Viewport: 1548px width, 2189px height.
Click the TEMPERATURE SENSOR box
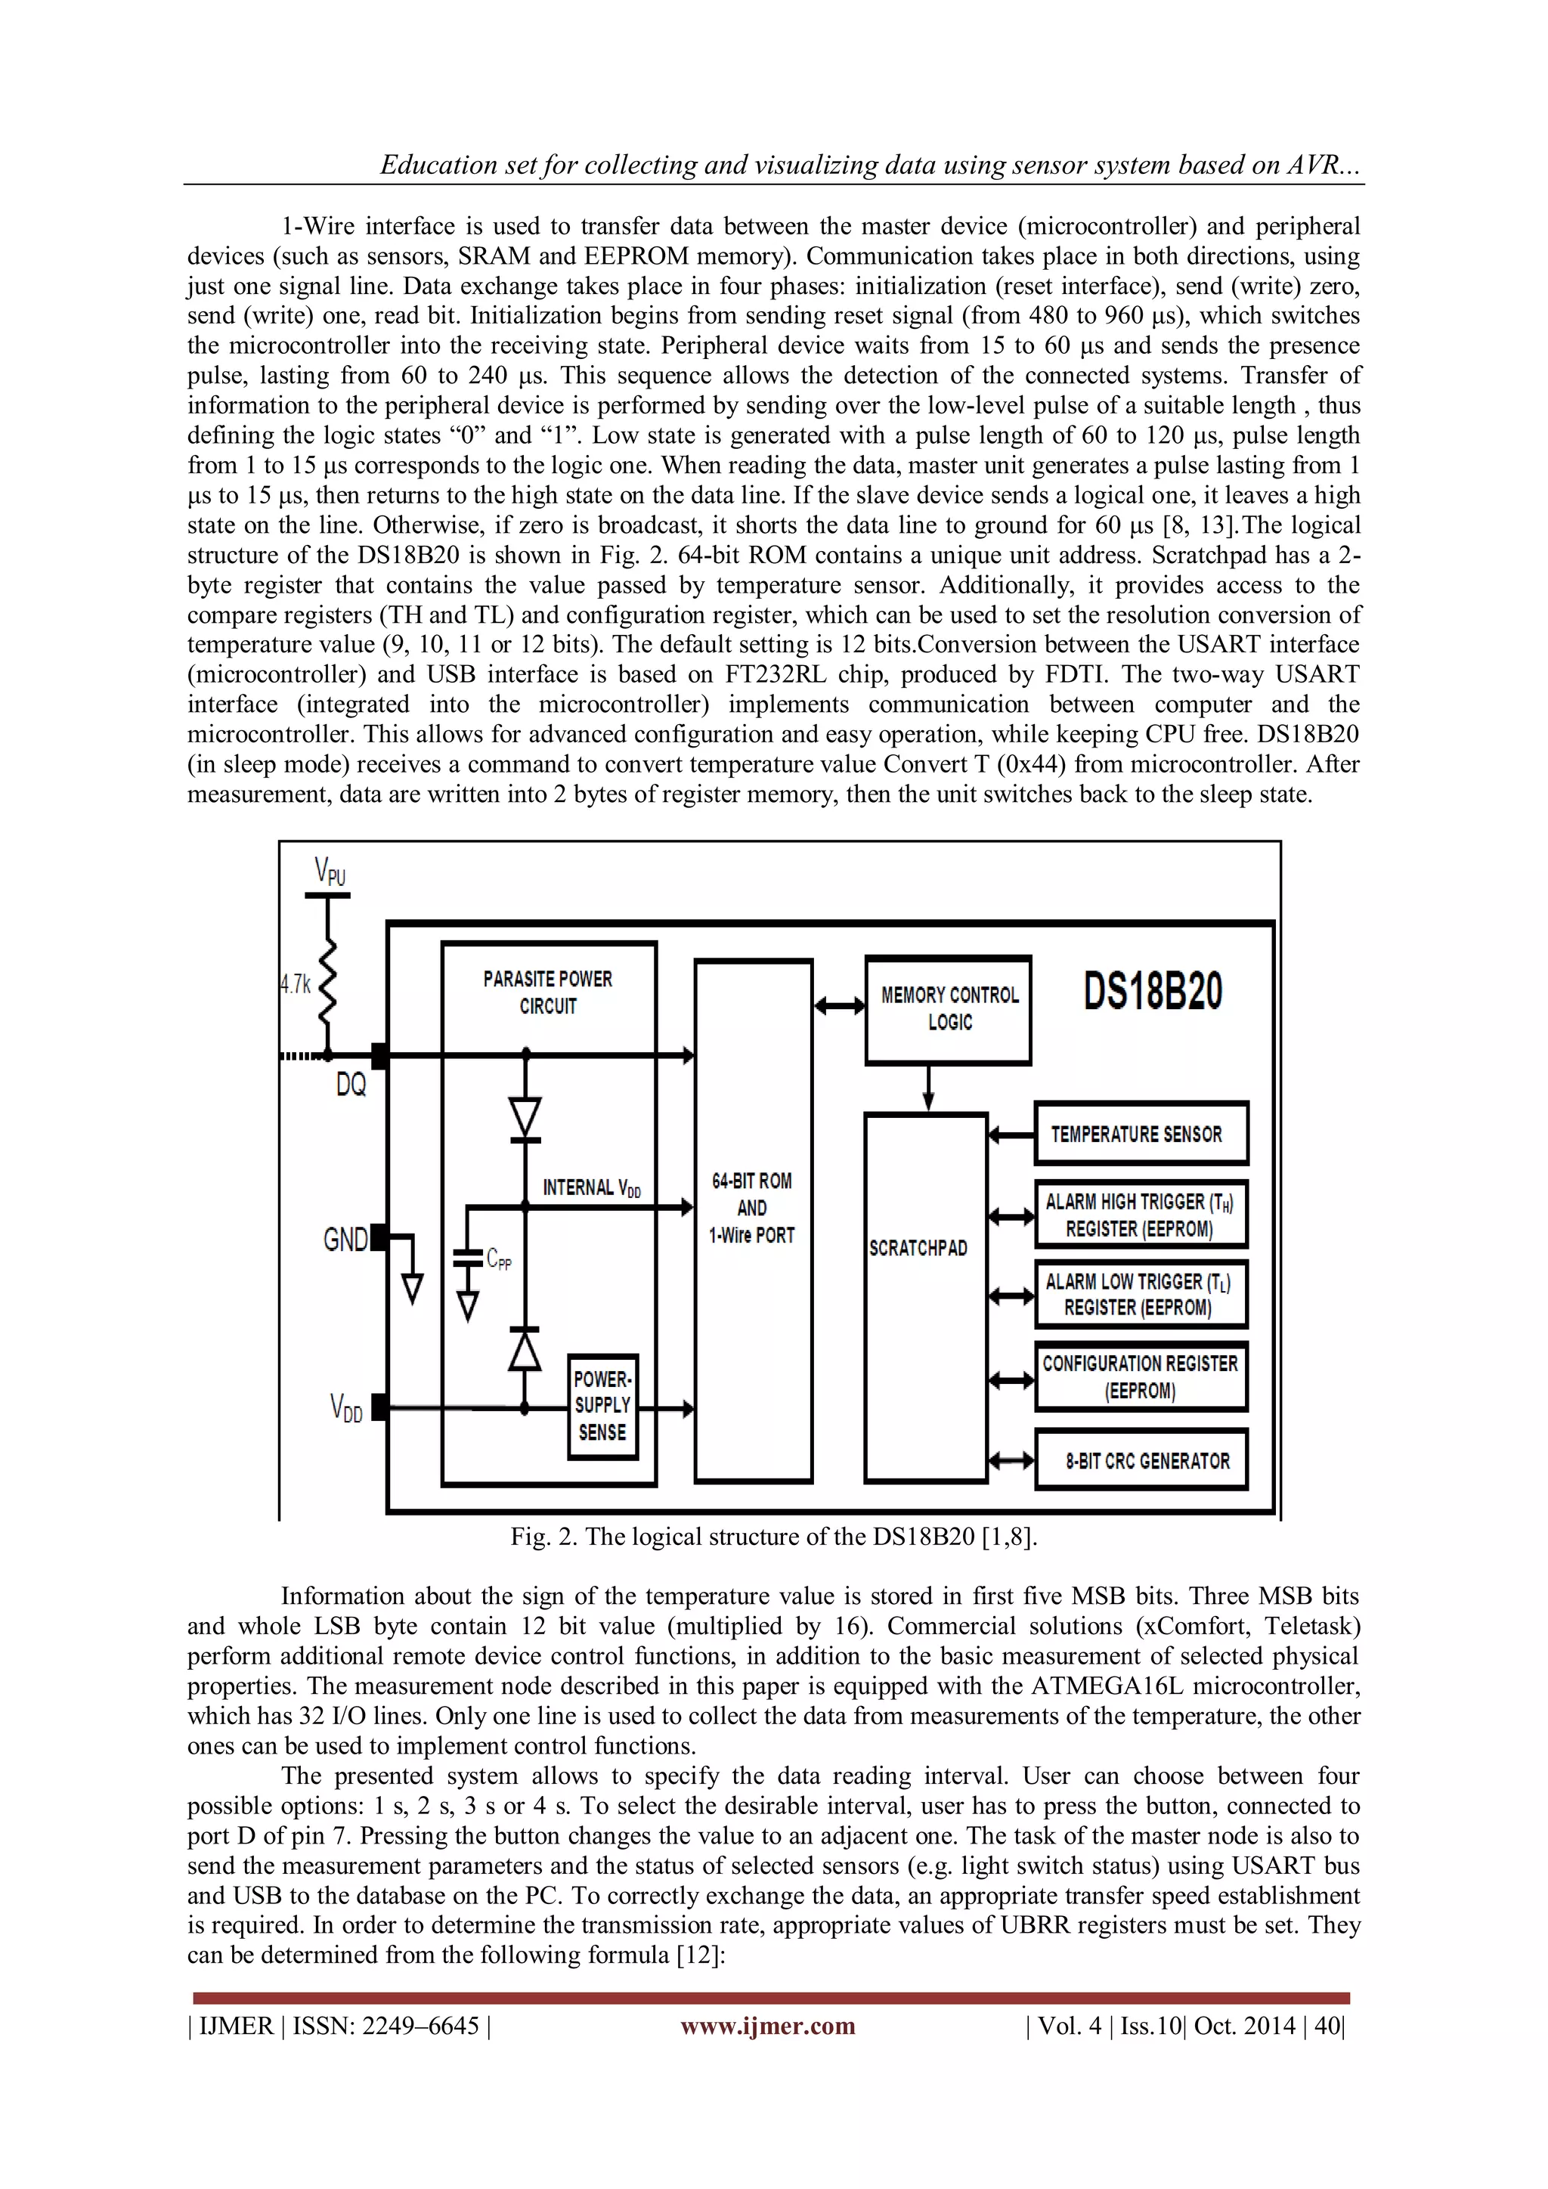point(1140,1134)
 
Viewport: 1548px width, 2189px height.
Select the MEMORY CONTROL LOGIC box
point(949,1008)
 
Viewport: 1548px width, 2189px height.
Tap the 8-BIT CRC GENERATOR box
point(1141,1460)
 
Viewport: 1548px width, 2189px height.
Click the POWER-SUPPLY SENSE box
point(602,1405)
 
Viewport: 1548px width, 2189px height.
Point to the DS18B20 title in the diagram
point(1153,992)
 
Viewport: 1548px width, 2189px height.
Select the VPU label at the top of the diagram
point(330,872)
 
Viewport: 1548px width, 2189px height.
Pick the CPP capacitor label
point(499,1259)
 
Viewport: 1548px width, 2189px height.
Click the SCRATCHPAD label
point(918,1248)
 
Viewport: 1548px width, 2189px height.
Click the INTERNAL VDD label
point(591,1188)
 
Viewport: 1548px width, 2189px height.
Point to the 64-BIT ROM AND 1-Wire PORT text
point(751,1208)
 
